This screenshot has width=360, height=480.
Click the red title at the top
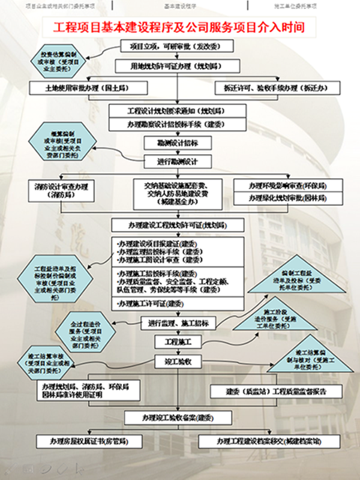tap(179, 27)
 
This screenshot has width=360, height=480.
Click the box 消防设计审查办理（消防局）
tap(61, 191)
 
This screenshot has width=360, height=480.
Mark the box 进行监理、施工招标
tap(178, 323)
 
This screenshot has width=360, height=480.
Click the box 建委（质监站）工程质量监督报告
tap(276, 391)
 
